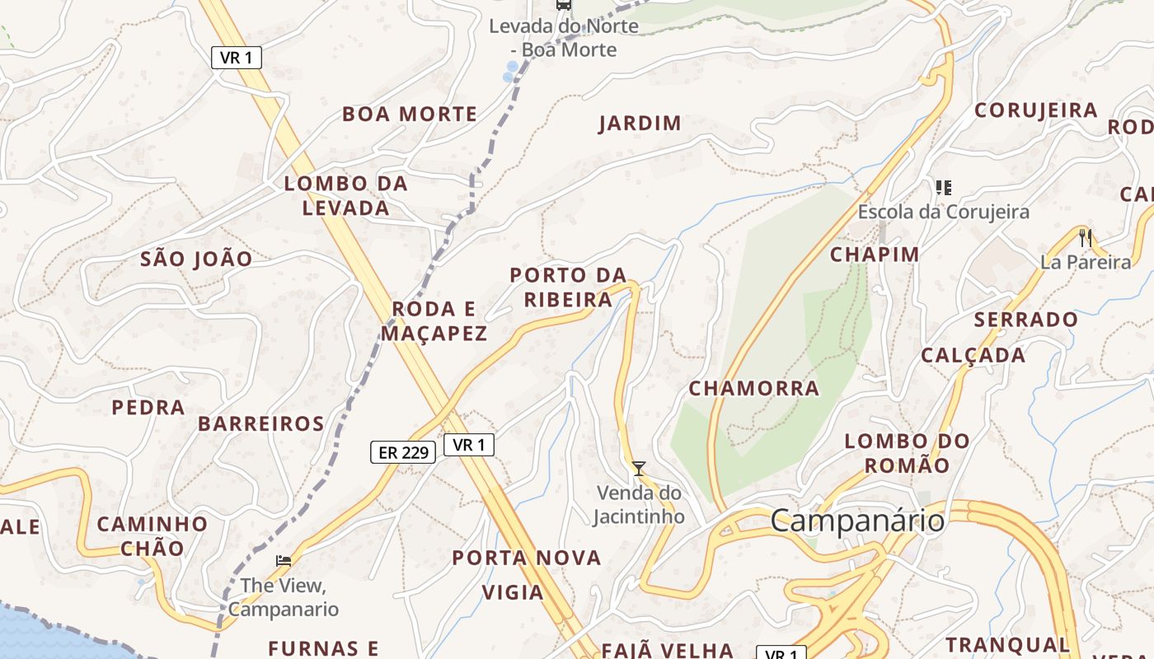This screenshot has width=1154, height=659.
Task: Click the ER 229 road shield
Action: tap(402, 452)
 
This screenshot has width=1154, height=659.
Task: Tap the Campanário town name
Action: tap(857, 521)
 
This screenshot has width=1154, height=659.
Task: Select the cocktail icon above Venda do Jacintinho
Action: tap(639, 469)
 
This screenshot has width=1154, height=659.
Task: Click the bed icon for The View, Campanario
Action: tap(284, 560)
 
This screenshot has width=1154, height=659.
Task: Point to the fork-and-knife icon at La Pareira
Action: tap(1085, 238)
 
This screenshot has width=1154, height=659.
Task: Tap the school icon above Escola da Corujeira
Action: tap(944, 188)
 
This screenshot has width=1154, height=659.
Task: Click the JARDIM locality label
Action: tap(640, 124)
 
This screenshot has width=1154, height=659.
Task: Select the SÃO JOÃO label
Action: tap(196, 259)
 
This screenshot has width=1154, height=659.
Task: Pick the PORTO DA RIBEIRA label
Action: tap(568, 287)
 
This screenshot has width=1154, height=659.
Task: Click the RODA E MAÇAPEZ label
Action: tap(434, 321)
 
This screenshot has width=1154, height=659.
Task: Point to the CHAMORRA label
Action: tap(753, 388)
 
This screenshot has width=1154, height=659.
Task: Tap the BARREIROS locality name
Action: tap(260, 423)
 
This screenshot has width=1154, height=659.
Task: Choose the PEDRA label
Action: tap(148, 407)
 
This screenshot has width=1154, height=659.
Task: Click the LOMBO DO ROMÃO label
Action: tap(907, 453)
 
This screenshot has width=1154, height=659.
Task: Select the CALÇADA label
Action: tap(973, 355)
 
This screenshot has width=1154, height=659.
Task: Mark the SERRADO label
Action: tap(1025, 319)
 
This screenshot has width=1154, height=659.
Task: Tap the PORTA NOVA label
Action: tap(527, 558)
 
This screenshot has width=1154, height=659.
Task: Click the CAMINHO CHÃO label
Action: tap(152, 535)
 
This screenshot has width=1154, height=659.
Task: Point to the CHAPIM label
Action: tap(875, 254)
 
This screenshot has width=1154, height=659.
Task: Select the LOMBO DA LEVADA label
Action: tap(346, 195)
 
